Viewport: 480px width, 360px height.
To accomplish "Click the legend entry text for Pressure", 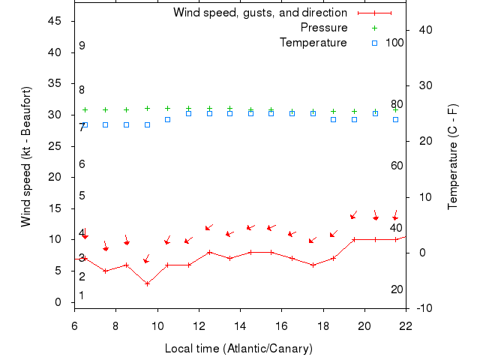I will click(324, 28).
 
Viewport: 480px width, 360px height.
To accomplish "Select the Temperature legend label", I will click(313, 43).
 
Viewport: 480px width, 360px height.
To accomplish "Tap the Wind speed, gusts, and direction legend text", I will click(260, 13).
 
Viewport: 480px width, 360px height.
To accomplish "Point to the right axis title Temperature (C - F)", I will click(453, 157).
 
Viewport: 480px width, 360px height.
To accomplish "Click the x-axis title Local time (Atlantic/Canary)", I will click(238, 349).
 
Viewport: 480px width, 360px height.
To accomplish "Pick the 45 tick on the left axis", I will click(54, 21).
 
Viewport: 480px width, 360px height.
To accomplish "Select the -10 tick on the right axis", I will click(422, 308).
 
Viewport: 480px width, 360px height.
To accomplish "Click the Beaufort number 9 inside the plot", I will click(82, 46).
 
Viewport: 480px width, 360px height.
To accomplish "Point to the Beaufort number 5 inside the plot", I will click(82, 196).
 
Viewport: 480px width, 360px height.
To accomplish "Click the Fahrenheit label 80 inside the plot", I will click(397, 104).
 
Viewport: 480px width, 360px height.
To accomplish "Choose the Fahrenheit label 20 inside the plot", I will click(397, 289).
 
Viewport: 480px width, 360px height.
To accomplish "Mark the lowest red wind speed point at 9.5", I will click(147, 283).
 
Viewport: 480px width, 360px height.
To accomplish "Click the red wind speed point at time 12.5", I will click(209, 252).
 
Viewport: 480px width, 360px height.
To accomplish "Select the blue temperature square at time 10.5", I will click(168, 119).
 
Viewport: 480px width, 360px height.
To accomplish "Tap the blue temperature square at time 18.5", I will click(334, 119).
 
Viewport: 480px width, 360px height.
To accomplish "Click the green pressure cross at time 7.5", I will click(106, 109).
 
